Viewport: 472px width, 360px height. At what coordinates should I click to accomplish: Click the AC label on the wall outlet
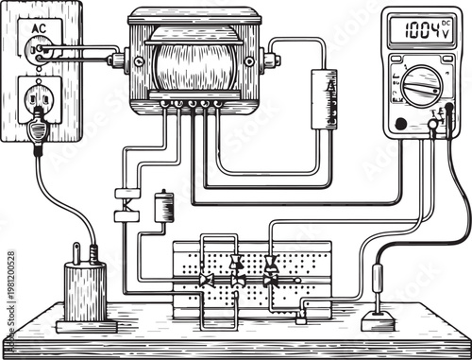[39, 29]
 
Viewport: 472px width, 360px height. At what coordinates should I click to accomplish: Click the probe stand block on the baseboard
[378, 318]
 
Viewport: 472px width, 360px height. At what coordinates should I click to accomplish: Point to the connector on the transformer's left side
[116, 60]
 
